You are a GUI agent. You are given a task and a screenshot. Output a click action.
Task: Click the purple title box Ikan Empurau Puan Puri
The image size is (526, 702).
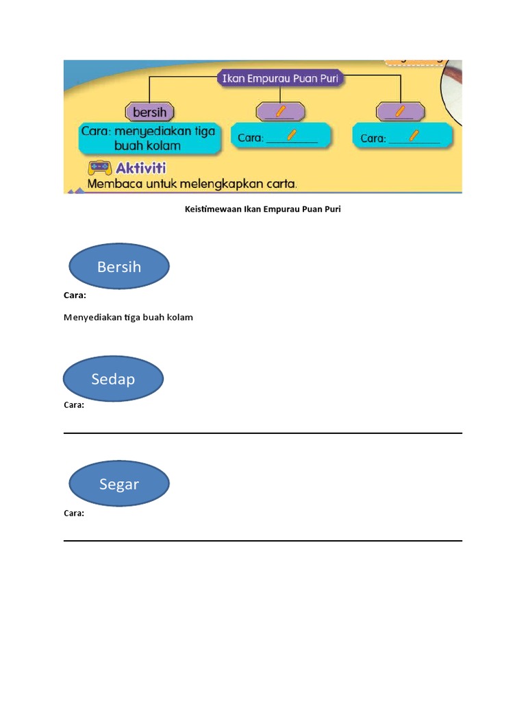(x=280, y=79)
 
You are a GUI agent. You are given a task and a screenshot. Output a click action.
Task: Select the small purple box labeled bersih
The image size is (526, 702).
(x=150, y=111)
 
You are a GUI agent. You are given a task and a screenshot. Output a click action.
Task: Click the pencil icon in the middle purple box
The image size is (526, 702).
(x=279, y=110)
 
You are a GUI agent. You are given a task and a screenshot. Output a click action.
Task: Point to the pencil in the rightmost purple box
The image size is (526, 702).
(x=401, y=110)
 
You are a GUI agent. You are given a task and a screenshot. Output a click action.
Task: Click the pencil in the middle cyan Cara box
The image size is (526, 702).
(x=292, y=134)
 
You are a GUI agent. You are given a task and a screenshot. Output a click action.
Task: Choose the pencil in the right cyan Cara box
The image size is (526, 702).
(x=415, y=135)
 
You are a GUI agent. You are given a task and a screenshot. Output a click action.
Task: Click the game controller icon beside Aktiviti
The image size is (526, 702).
(x=99, y=168)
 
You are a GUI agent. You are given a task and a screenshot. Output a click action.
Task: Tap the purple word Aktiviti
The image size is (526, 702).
(x=141, y=168)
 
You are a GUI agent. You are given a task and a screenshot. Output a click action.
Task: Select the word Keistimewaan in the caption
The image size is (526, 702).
(x=213, y=209)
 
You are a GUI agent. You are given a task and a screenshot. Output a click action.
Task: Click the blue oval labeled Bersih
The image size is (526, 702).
(x=119, y=267)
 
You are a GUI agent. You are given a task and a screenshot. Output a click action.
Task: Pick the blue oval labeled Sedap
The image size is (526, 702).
(x=113, y=378)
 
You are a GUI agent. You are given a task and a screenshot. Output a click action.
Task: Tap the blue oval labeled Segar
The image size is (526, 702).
(x=119, y=484)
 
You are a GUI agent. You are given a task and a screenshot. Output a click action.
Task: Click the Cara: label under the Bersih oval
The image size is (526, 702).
(x=75, y=295)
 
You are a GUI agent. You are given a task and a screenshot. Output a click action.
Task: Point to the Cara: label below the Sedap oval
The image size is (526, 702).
(x=74, y=404)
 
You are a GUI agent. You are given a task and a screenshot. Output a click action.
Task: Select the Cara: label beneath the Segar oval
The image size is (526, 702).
(x=74, y=513)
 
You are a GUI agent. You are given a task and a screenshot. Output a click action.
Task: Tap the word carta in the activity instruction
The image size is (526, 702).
(x=280, y=184)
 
